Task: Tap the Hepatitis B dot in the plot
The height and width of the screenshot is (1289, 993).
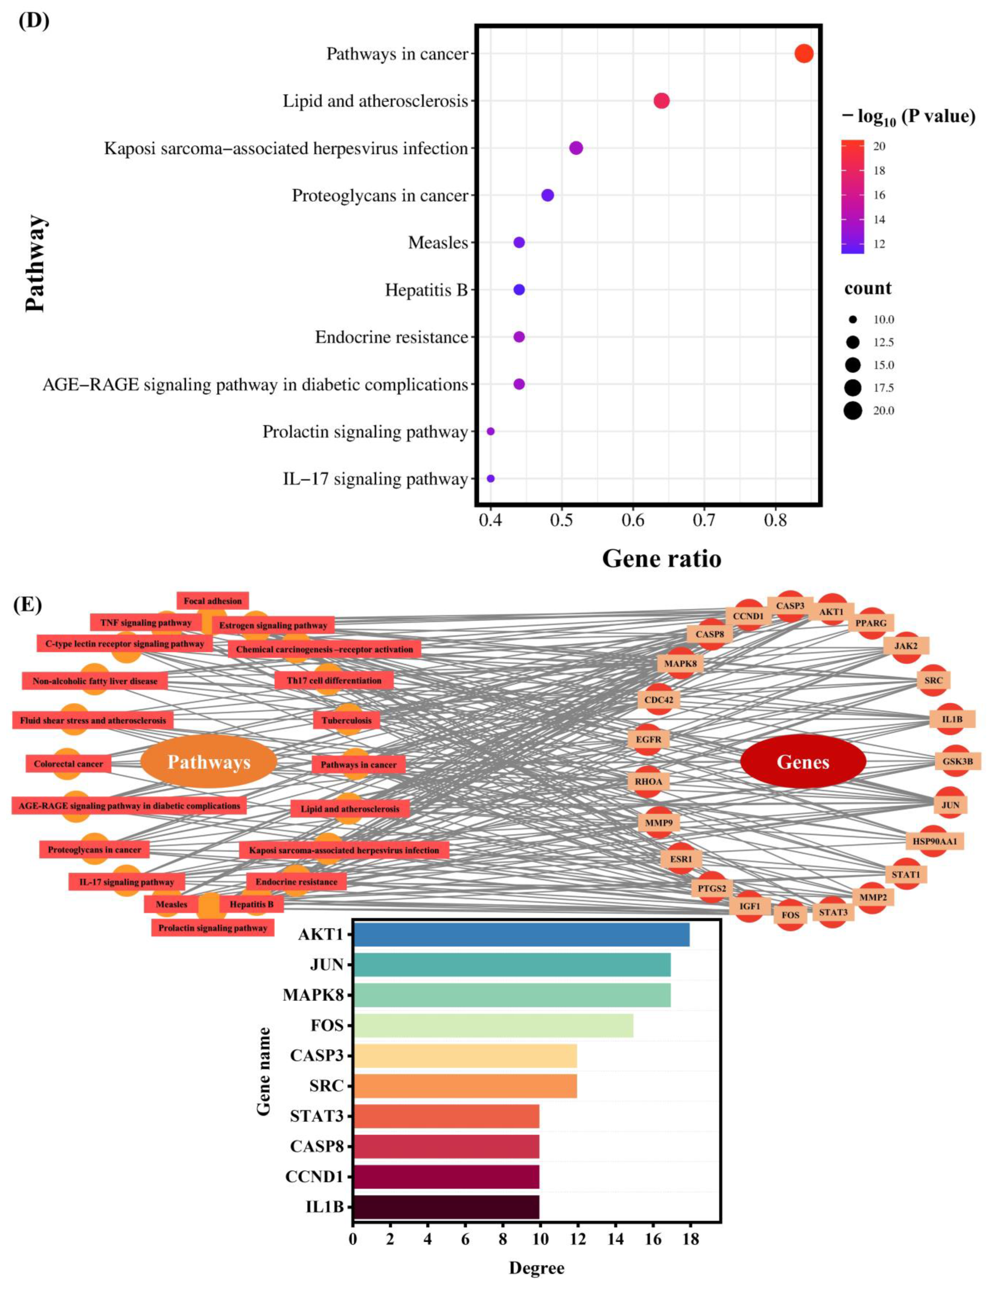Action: [519, 290]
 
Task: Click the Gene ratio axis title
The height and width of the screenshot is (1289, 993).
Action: [661, 558]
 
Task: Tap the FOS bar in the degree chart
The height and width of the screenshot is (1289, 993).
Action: [493, 1026]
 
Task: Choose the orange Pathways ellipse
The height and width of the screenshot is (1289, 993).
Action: [209, 761]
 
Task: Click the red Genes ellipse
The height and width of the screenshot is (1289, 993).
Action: [803, 761]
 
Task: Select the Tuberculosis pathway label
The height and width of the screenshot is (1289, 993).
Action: [347, 720]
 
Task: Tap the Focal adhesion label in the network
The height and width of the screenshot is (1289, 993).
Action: [213, 601]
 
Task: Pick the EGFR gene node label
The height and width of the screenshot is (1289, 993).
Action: [648, 739]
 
